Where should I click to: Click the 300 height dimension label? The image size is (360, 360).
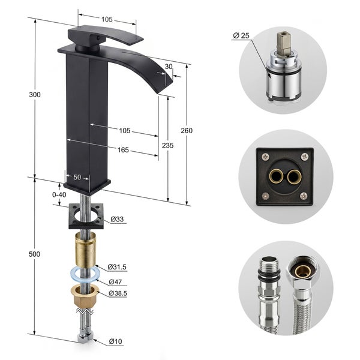[35, 94]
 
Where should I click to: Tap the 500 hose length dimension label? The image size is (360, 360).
[34, 254]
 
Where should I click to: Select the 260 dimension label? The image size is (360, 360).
[187, 130]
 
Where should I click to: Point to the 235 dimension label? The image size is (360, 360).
[168, 145]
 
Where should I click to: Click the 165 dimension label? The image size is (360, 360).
[123, 150]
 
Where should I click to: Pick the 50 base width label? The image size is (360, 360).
[77, 177]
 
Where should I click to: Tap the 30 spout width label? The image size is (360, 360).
[169, 67]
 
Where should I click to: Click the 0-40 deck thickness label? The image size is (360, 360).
[59, 194]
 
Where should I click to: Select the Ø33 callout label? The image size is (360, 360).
[117, 219]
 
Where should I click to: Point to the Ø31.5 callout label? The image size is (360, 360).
[117, 267]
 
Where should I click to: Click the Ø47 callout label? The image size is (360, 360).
[115, 281]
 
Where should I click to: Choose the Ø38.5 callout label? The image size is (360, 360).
[118, 293]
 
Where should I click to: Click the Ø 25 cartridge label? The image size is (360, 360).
[241, 35]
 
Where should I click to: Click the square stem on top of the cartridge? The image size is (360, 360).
[283, 43]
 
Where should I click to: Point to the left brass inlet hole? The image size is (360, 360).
[276, 176]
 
